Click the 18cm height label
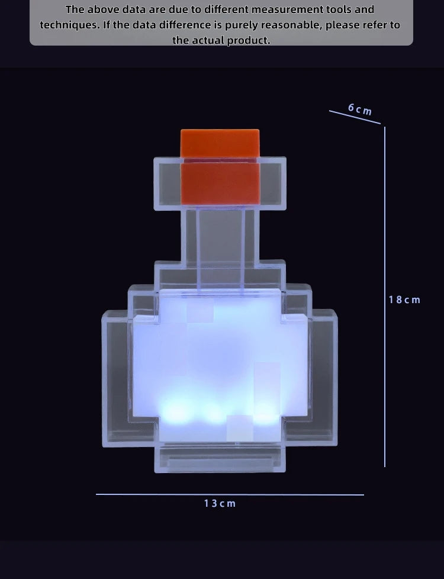(404, 300)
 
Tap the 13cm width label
(220, 503)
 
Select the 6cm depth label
(360, 110)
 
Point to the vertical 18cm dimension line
(385, 296)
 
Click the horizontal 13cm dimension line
(230, 494)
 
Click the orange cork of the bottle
(220, 166)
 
